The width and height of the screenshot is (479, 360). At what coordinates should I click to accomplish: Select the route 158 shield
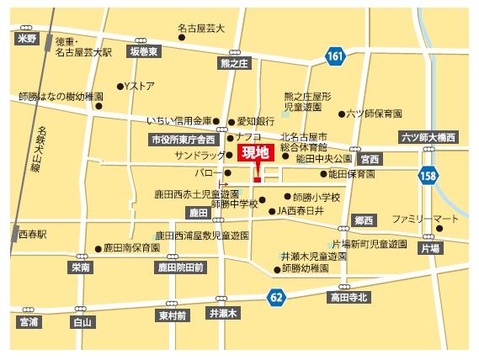(x=429, y=175)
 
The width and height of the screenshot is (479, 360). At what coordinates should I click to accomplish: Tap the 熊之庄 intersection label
(x=235, y=62)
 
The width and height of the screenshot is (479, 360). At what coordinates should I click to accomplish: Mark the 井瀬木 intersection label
(x=223, y=313)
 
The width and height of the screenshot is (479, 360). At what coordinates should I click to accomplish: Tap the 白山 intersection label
(x=81, y=321)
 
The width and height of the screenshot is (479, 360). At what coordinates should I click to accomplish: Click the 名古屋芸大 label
(x=201, y=28)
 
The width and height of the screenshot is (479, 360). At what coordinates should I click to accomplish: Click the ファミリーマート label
(x=425, y=219)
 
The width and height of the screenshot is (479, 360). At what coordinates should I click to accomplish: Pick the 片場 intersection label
(x=430, y=249)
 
